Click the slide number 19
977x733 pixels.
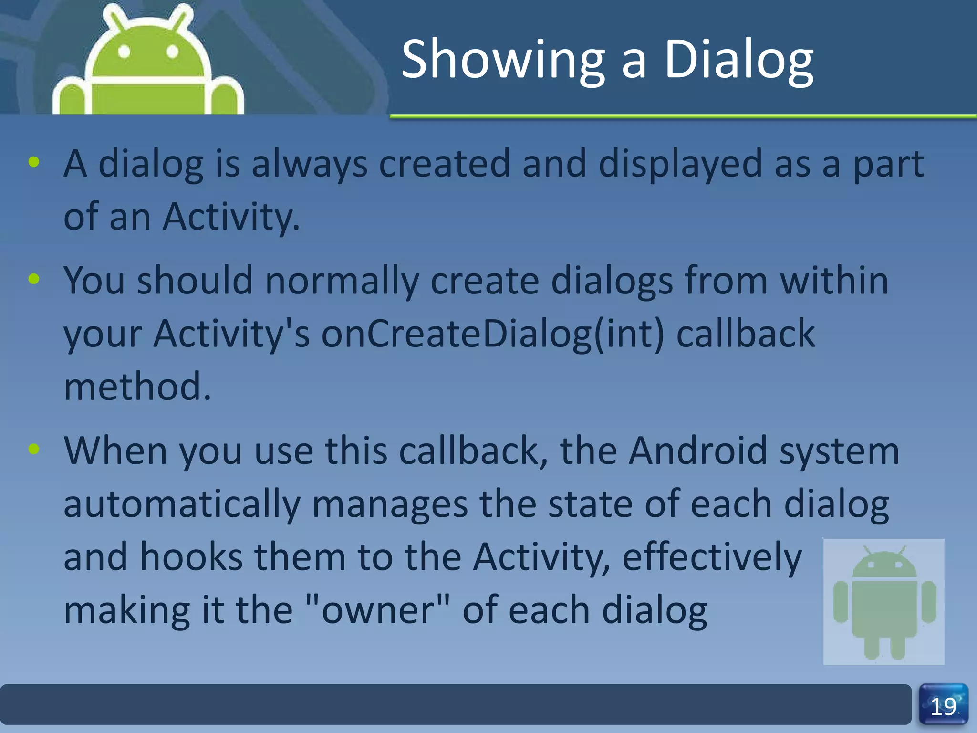943,707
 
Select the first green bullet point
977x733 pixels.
34,162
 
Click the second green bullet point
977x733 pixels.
34,279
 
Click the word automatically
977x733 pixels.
182,505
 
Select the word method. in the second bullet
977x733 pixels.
137,387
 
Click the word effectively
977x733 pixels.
712,557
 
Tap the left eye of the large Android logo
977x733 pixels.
124,52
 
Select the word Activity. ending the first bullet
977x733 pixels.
231,217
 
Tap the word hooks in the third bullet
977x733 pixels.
191,557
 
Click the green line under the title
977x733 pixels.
682,116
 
